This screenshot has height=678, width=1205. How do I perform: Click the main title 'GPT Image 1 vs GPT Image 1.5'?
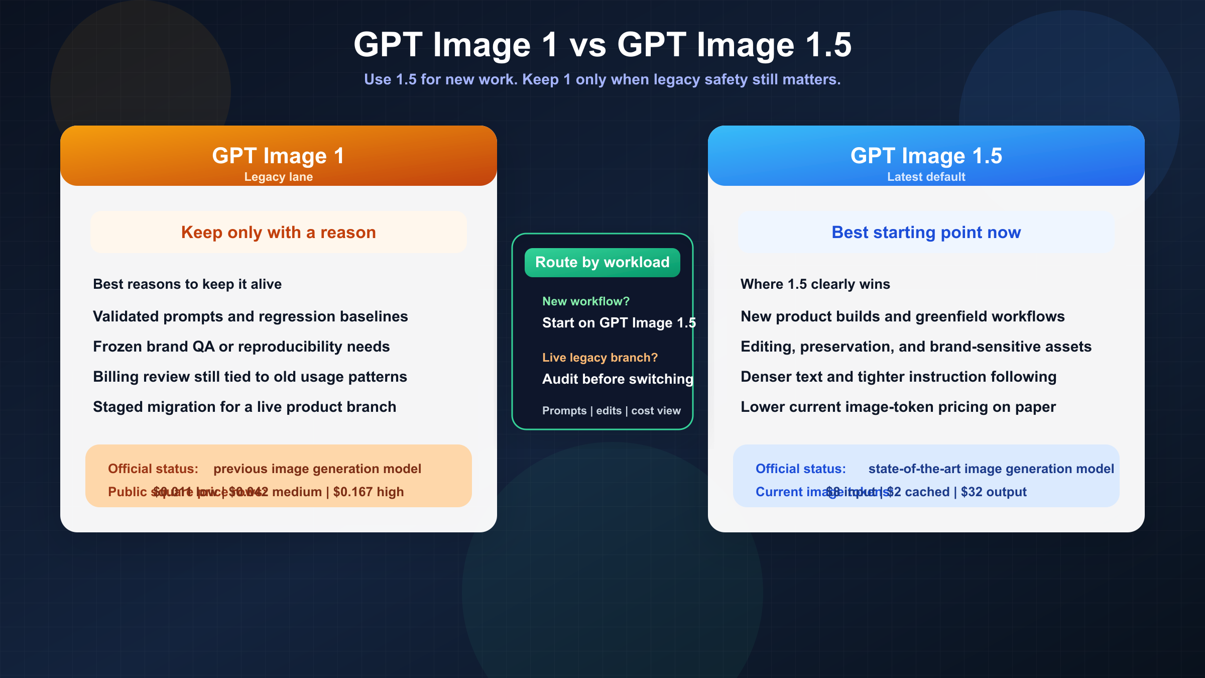[602, 45]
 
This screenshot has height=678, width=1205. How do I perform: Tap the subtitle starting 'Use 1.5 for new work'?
[602, 79]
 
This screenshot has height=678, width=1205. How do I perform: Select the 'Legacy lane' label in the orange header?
[278, 177]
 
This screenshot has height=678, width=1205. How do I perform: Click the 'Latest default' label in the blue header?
[926, 177]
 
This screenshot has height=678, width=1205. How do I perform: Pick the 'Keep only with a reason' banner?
[278, 233]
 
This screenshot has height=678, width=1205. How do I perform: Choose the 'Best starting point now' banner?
[926, 233]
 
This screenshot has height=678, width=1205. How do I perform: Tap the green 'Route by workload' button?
[602, 262]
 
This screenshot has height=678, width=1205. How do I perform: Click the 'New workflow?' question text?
[585, 301]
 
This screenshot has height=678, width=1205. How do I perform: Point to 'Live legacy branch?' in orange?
[599, 358]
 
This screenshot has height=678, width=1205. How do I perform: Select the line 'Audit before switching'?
[617, 379]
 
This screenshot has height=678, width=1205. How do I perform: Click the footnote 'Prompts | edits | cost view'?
[611, 411]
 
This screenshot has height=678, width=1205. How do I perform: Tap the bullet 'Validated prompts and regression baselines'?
[250, 316]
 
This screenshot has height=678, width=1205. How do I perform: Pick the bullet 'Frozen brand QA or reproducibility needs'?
[241, 347]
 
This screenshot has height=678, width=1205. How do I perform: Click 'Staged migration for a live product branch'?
[245, 407]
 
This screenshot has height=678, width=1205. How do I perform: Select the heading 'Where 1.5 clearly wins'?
[815, 284]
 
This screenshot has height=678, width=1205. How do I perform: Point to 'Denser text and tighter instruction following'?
[898, 377]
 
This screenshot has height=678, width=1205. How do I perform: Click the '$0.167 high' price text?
[369, 492]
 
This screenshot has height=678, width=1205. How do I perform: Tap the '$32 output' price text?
[994, 492]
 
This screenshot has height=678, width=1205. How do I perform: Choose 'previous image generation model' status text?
[317, 469]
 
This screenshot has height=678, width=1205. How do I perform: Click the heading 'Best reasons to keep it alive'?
[187, 284]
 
